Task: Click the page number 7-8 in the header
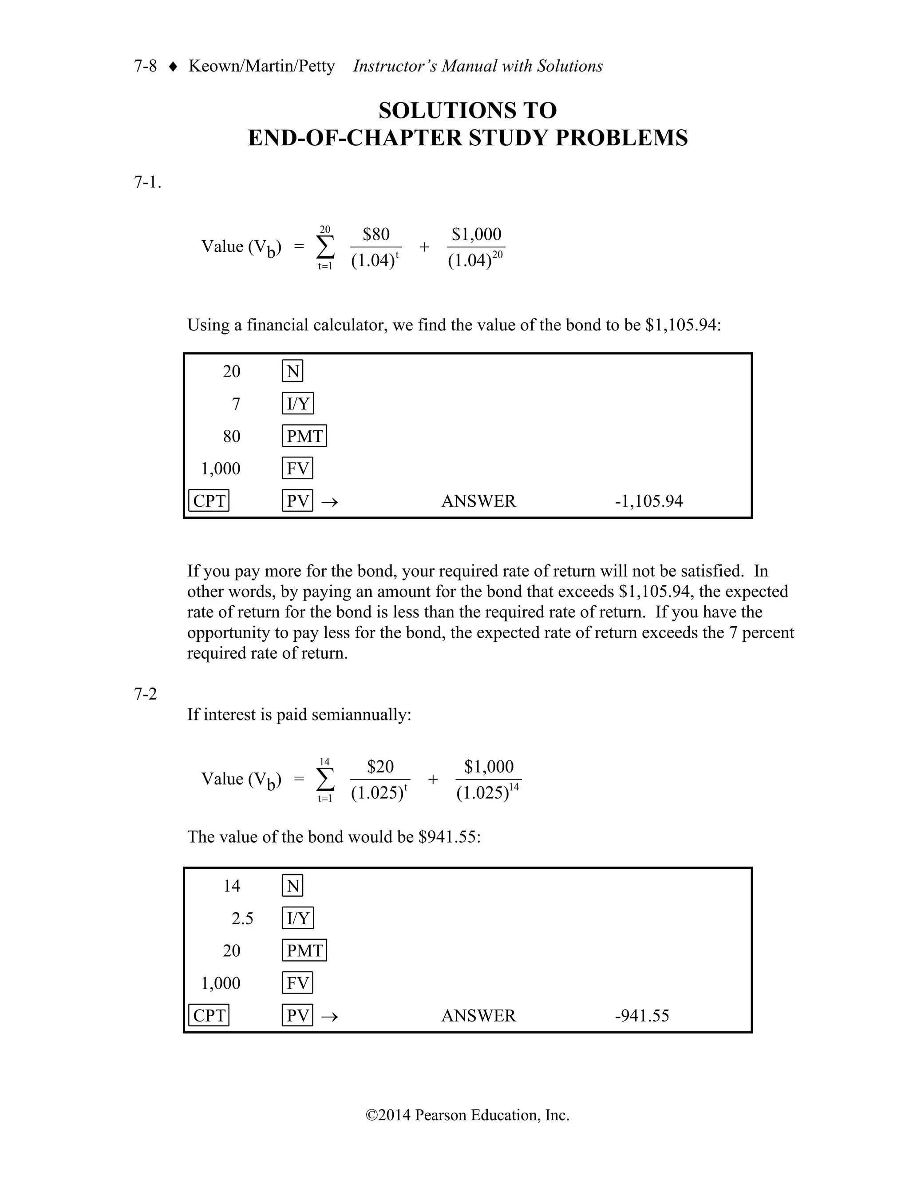coord(146,66)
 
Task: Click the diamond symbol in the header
coord(173,67)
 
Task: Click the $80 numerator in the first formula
coord(376,235)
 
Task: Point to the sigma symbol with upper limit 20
coord(325,247)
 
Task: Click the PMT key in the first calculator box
coord(304,436)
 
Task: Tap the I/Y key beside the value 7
coord(298,404)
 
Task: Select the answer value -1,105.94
coord(648,501)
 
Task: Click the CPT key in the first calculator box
coord(209,501)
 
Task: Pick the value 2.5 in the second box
coord(242,919)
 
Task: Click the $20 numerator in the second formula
coord(380,766)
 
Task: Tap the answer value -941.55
coord(642,1016)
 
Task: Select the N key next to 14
coord(292,886)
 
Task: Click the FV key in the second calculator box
coord(297,983)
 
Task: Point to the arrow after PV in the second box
coord(330,1016)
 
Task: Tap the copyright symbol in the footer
coord(372,1115)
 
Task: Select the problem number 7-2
coord(146,694)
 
